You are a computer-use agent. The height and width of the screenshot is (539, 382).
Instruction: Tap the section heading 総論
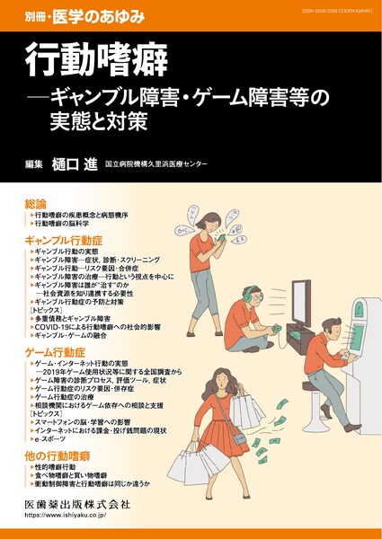[37, 205]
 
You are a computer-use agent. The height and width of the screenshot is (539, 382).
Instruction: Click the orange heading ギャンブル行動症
[67, 242]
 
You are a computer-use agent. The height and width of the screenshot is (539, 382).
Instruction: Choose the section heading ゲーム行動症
[59, 353]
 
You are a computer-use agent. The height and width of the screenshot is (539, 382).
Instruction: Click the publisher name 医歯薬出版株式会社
[77, 504]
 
